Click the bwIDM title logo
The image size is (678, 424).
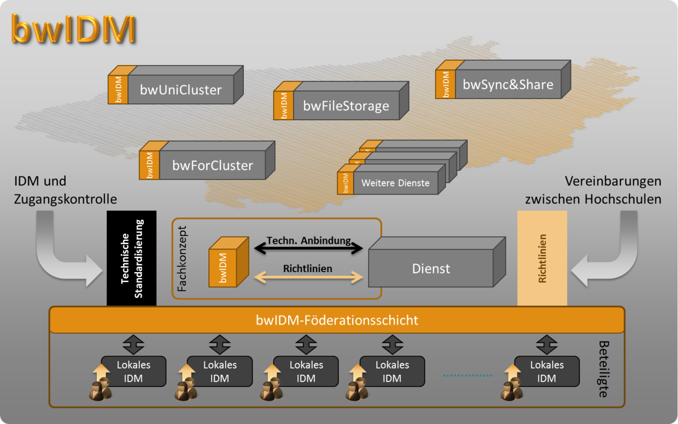tap(73, 30)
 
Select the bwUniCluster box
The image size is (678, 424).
tap(180, 90)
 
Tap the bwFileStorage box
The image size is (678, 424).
tap(346, 106)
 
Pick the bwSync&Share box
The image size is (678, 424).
tap(507, 85)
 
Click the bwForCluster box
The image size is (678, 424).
tap(212, 165)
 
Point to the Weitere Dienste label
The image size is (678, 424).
tap(395, 183)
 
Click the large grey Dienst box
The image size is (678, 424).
tap(431, 268)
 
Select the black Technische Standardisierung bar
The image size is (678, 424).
tap(131, 258)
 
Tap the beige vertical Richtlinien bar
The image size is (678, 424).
tap(542, 258)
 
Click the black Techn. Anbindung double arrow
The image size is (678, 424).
tap(309, 249)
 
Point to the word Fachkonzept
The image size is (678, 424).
tap(182, 258)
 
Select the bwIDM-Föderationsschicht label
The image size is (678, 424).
tap(337, 320)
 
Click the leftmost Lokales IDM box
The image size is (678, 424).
tap(133, 372)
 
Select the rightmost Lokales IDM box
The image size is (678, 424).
tap(547, 372)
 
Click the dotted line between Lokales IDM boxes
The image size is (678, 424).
tap(467, 375)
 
